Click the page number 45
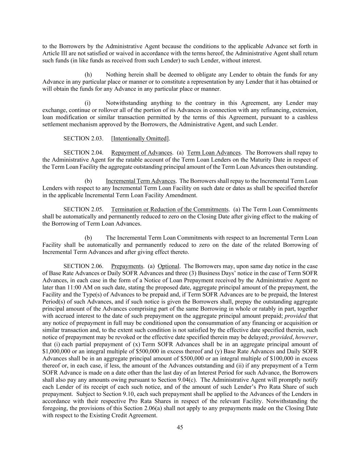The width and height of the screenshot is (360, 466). tap(180, 427)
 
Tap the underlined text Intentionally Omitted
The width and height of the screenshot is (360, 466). tap(140, 138)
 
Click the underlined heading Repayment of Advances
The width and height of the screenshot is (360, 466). tap(142, 153)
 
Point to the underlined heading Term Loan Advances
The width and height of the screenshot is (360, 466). tap(214, 153)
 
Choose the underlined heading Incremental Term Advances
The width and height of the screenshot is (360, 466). tap(141, 181)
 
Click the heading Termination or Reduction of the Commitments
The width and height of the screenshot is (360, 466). tap(170, 209)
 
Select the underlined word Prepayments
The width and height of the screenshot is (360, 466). tap(127, 266)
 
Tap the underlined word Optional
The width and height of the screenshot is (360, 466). tap(168, 266)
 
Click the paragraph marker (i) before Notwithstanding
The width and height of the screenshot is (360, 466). tap(87, 103)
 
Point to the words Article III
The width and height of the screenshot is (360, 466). tap(54, 54)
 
